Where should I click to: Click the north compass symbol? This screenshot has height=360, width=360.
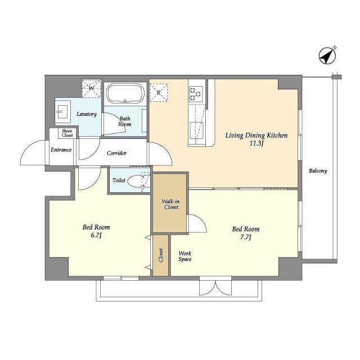click(327, 56)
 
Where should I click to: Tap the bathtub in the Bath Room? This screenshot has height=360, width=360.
click(125, 93)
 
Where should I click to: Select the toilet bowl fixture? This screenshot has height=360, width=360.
click(135, 181)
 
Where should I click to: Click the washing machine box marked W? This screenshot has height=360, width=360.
click(91, 88)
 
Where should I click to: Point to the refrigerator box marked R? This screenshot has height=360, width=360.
click(159, 92)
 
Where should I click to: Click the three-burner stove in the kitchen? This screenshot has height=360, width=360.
click(196, 94)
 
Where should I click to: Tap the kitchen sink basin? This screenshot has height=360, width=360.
click(196, 130)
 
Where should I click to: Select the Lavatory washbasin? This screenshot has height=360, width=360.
click(62, 111)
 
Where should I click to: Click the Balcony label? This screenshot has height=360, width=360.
click(318, 171)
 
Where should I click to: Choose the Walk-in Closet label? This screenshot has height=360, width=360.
click(171, 204)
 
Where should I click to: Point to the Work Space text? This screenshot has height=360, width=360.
click(185, 256)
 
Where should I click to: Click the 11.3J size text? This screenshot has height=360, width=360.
click(256, 143)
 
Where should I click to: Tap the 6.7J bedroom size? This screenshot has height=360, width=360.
click(96, 235)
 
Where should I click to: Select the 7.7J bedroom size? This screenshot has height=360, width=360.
click(245, 237)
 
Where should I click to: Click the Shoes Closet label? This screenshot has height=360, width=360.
click(67, 133)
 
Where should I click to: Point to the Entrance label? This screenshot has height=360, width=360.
click(61, 150)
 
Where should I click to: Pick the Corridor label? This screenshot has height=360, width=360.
click(116, 153)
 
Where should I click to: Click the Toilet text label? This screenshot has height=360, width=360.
click(119, 181)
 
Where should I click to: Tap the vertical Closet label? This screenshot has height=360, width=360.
click(161, 255)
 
